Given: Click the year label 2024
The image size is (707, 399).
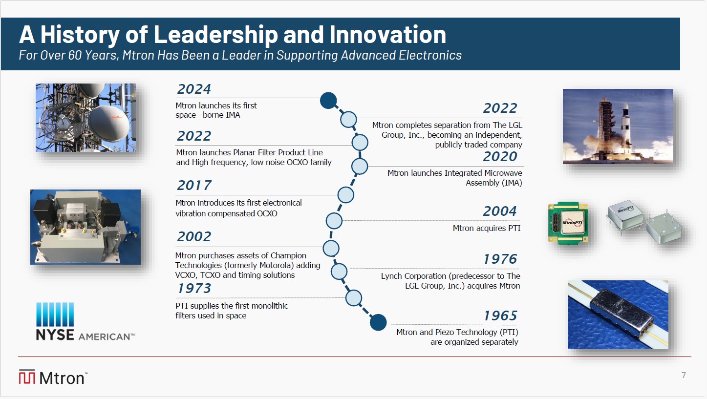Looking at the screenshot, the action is click(194, 89).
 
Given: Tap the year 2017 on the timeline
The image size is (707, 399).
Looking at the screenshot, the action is click(194, 185).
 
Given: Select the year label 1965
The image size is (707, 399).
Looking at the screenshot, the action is click(501, 315).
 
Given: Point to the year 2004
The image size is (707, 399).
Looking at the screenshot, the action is click(500, 211).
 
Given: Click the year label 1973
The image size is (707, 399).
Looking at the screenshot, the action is click(194, 288).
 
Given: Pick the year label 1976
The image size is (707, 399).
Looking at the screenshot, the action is click(500, 259).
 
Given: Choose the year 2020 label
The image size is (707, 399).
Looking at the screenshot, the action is click(500, 156).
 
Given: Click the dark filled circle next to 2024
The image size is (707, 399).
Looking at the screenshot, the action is click(328, 101).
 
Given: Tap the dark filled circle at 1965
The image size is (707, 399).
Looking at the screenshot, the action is click(378, 322).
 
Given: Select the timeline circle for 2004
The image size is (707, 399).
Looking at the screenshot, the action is click(334, 221).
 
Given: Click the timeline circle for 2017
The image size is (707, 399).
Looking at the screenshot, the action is click(345, 195).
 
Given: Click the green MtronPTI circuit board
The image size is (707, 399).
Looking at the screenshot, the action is click(568, 223).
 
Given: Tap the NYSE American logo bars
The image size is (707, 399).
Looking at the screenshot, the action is click(55, 315).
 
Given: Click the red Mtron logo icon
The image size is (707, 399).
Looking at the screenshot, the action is click(27, 377).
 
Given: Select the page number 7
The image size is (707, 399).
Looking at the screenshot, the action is click(684, 375).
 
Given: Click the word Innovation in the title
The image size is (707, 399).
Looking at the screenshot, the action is click(388, 34).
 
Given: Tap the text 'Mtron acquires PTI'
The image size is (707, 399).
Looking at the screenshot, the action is click(486, 228).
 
